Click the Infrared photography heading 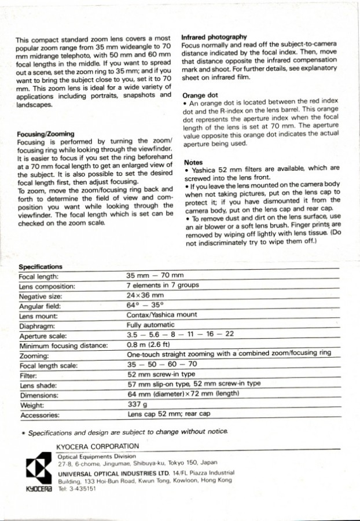click(x=214, y=35)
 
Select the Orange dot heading click(x=200, y=96)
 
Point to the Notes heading click(x=192, y=163)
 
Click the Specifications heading click(x=41, y=267)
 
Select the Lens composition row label click(x=47, y=286)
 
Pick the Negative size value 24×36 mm click(x=145, y=295)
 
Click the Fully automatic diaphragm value click(x=150, y=325)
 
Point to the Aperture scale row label click(x=43, y=336)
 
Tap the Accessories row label click(x=39, y=416)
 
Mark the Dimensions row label click(x=39, y=395)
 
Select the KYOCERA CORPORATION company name click(x=98, y=446)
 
